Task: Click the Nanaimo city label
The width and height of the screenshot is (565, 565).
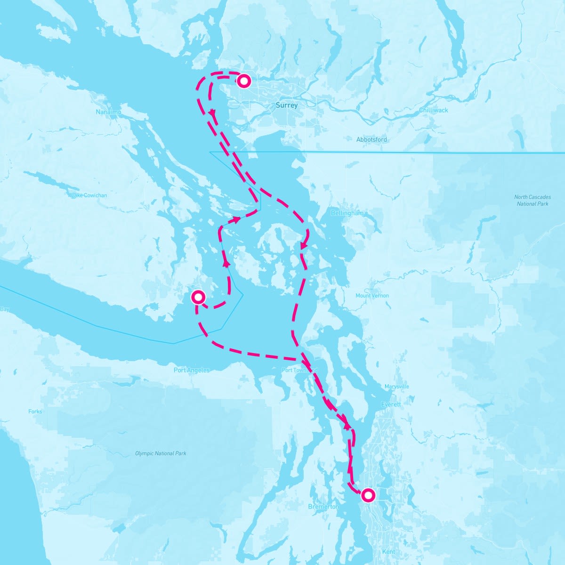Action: click(109, 113)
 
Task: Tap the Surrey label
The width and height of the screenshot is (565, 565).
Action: click(287, 105)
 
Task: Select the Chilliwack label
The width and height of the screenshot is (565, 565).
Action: click(434, 110)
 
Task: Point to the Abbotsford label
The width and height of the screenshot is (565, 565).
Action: click(371, 139)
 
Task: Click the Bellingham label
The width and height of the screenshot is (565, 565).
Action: click(347, 213)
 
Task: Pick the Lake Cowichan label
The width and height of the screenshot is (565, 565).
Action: click(89, 195)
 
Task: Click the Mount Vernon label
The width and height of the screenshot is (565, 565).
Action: click(372, 296)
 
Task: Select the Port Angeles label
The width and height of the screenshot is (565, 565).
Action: click(192, 370)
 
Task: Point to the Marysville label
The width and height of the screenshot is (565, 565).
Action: click(397, 387)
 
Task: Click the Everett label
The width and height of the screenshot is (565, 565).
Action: click(391, 404)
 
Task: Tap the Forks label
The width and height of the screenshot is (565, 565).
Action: click(35, 412)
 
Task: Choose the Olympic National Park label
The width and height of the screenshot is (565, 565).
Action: click(161, 453)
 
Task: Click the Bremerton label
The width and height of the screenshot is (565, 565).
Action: click(323, 507)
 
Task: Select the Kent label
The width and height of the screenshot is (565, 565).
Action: click(389, 551)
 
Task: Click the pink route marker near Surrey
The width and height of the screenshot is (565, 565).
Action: click(243, 81)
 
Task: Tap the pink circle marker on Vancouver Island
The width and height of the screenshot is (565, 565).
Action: click(198, 297)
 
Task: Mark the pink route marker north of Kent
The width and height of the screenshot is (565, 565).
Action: click(368, 495)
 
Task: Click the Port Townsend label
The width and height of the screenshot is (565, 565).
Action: click(300, 370)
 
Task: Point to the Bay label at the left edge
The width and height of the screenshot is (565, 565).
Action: click(5, 309)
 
